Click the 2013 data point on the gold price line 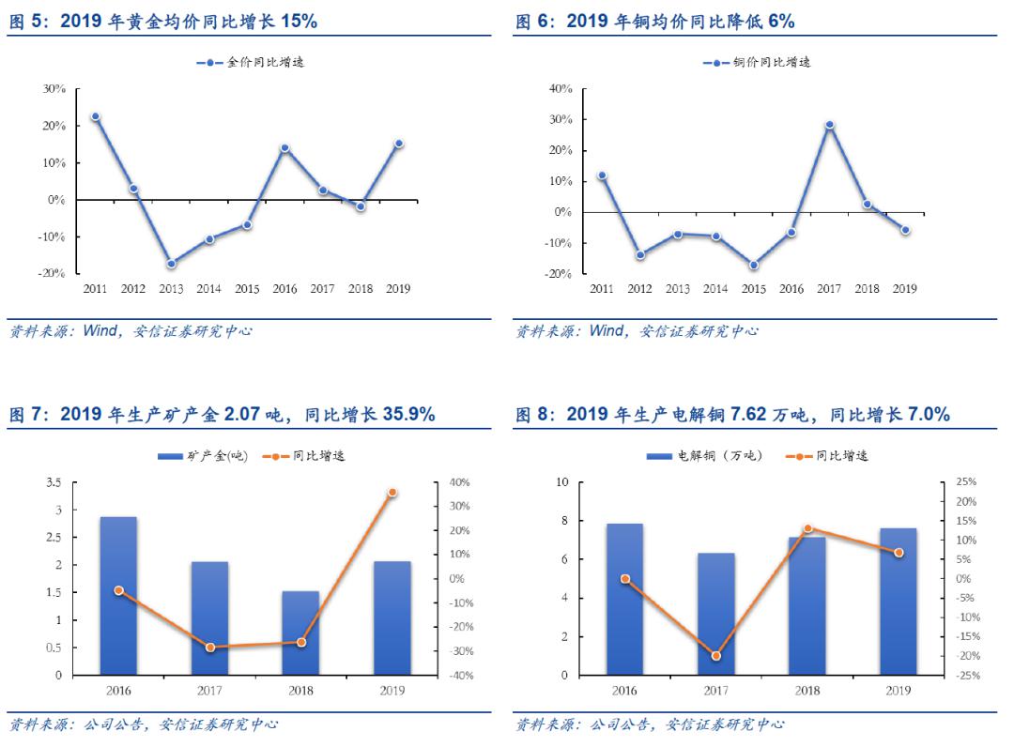[171, 264]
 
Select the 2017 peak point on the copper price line [829, 125]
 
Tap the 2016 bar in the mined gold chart [118, 595]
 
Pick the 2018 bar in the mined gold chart [300, 633]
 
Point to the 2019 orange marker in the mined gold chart [392, 492]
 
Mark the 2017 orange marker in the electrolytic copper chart [715, 656]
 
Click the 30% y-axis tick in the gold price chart [54, 89]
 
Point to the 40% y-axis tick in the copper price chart [561, 89]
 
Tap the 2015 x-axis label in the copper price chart [753, 289]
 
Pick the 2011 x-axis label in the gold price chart [95, 289]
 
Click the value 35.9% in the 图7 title [408, 414]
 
